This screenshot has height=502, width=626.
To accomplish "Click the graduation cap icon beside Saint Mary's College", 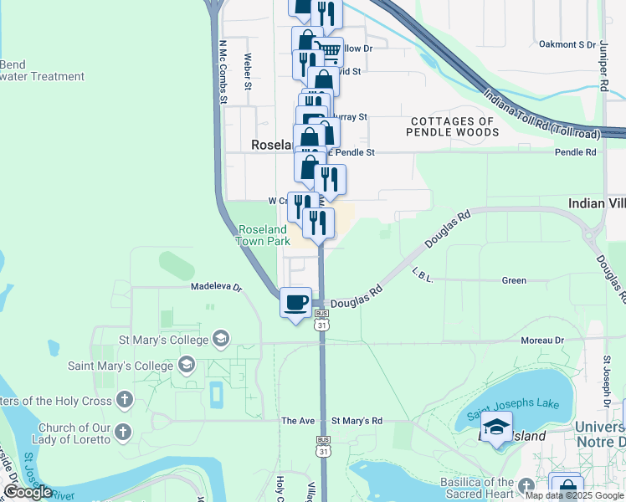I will [x=187, y=365].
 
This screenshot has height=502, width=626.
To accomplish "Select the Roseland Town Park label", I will [x=264, y=235].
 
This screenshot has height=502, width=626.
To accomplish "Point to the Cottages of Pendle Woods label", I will [x=454, y=126].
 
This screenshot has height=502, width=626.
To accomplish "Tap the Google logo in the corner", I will [x=28, y=492].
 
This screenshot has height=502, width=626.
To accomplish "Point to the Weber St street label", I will [x=248, y=72].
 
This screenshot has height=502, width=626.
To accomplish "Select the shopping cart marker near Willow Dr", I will [x=328, y=52].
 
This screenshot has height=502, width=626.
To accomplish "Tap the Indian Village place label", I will [x=596, y=203].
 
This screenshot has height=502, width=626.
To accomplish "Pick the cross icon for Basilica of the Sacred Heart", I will [x=526, y=486].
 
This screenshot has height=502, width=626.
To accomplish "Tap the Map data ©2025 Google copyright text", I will [x=573, y=495].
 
